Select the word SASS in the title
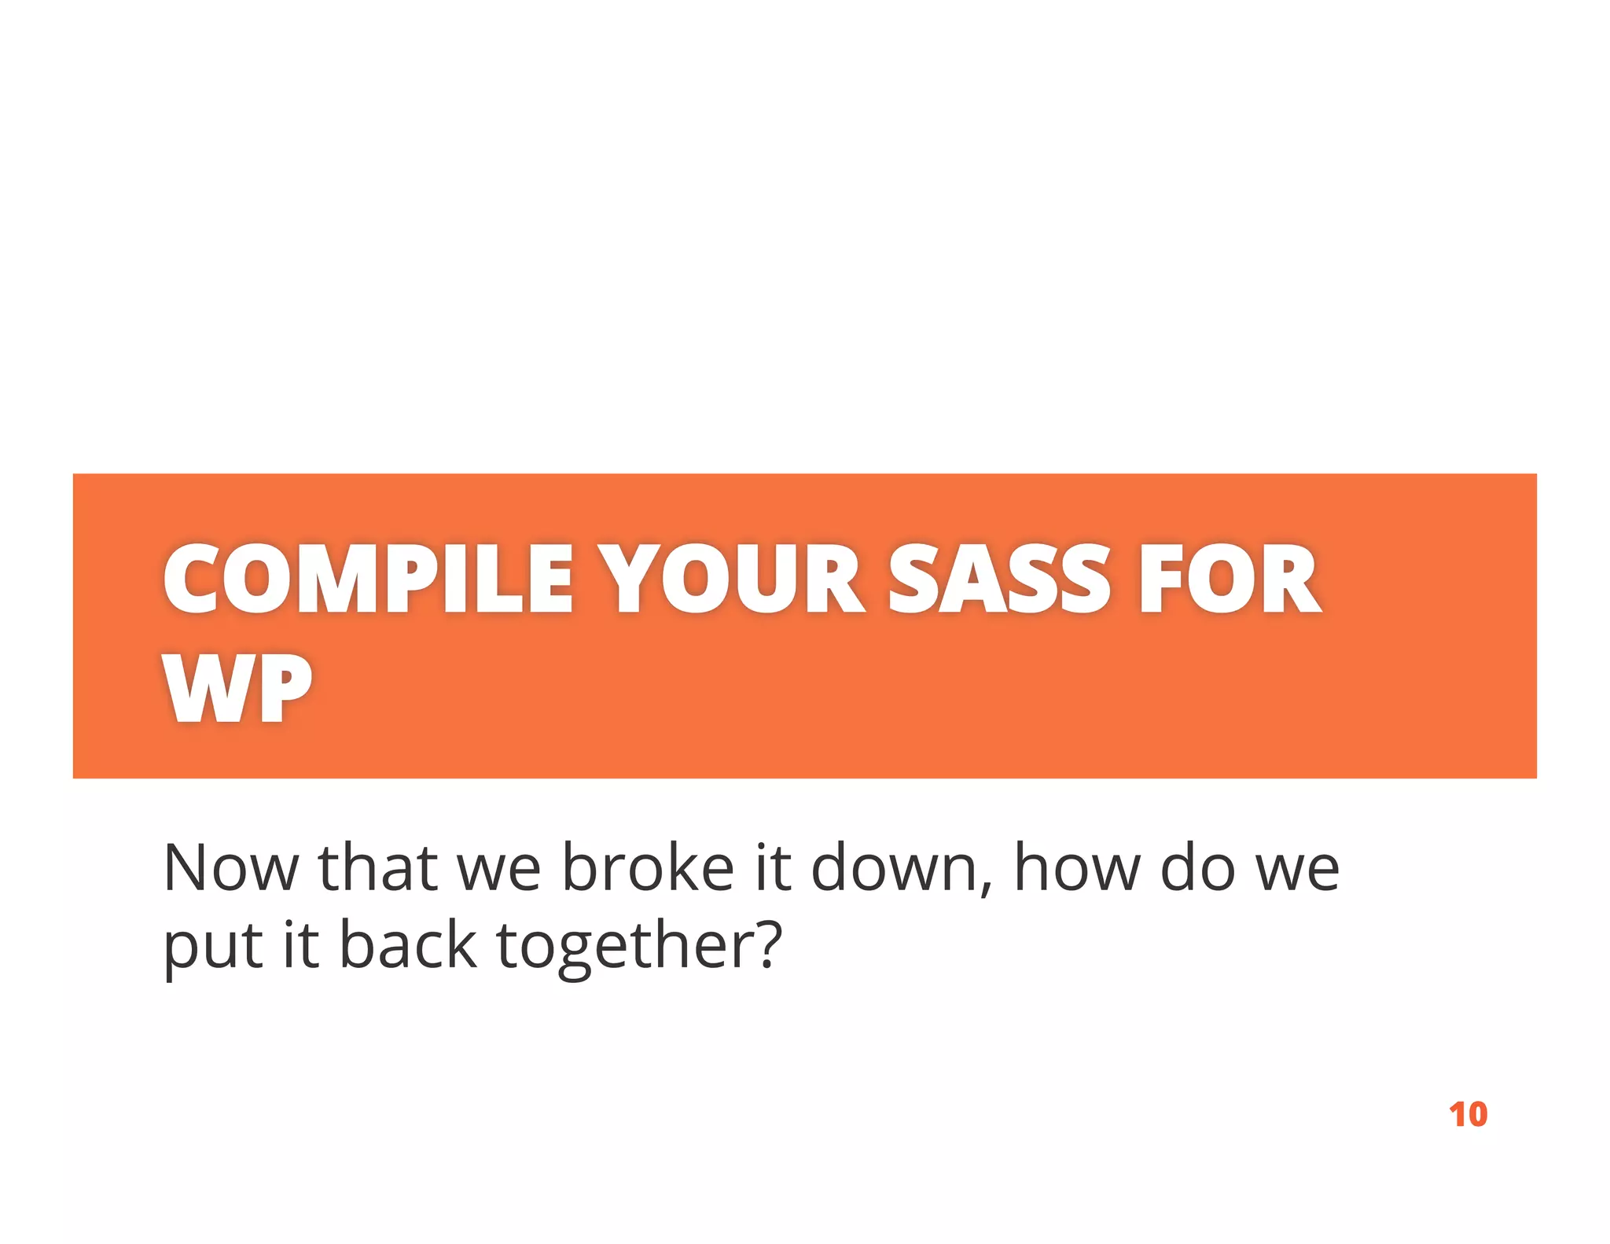pos(998,580)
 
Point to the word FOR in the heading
pos(1230,580)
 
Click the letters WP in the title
pos(237,688)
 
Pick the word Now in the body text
pos(230,868)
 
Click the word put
pos(212,947)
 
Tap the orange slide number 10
pos(1468,1115)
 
